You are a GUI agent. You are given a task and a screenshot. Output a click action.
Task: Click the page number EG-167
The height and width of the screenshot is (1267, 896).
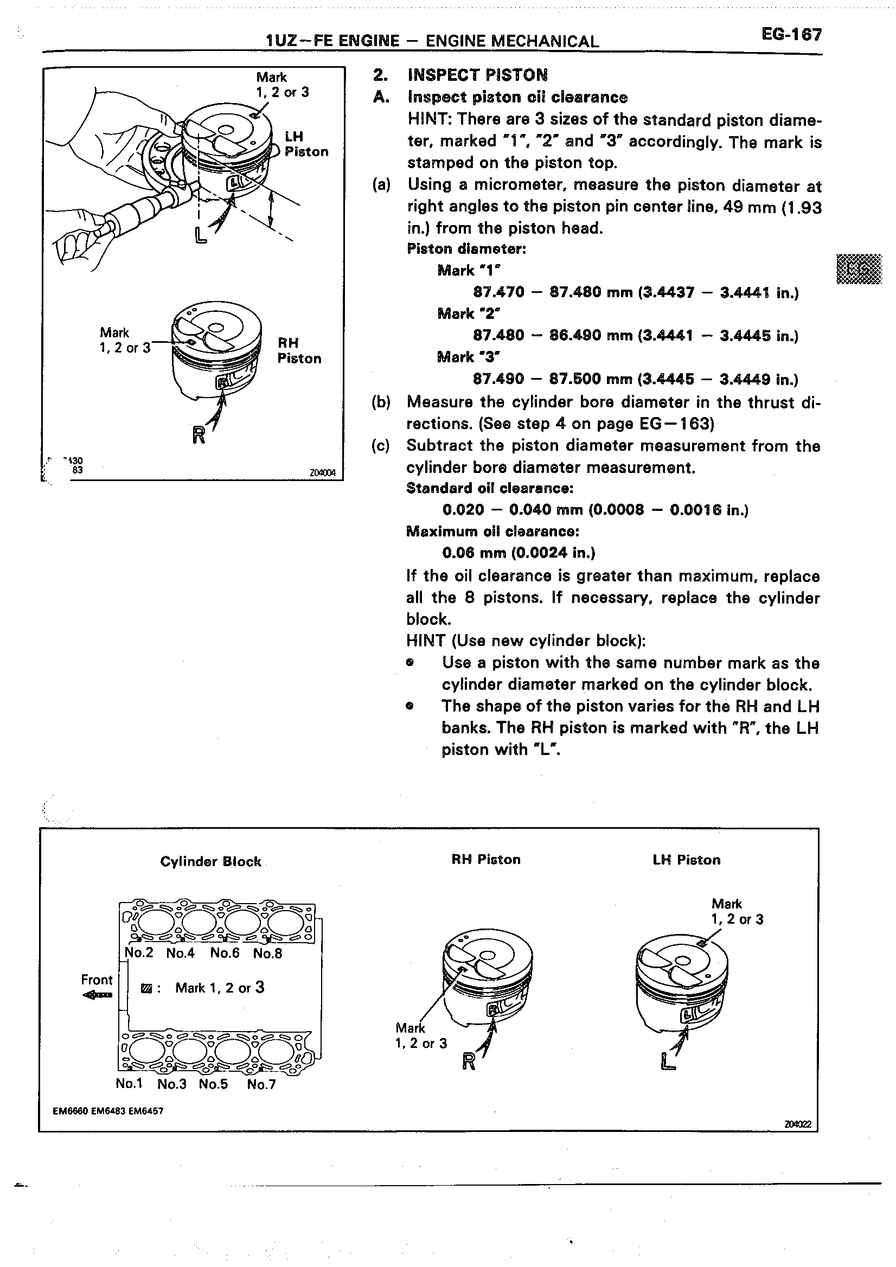(x=791, y=35)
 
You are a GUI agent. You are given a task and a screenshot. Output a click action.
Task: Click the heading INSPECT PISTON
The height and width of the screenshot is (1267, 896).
(x=477, y=75)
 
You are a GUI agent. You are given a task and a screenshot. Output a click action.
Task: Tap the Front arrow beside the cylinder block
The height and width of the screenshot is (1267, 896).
(x=97, y=995)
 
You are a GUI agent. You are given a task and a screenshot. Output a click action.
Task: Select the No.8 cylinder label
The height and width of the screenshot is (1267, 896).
(x=267, y=953)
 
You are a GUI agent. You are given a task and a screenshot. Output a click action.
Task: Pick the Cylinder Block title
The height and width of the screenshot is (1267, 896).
(x=210, y=862)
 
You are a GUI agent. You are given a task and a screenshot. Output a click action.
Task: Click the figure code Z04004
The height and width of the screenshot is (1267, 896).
(x=323, y=473)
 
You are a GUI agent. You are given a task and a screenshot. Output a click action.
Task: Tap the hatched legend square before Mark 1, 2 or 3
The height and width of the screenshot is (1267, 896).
(x=146, y=988)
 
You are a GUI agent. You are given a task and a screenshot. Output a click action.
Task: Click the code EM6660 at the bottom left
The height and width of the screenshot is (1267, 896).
(x=70, y=1111)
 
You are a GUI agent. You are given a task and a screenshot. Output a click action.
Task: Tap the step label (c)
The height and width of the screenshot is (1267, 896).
(x=381, y=446)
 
